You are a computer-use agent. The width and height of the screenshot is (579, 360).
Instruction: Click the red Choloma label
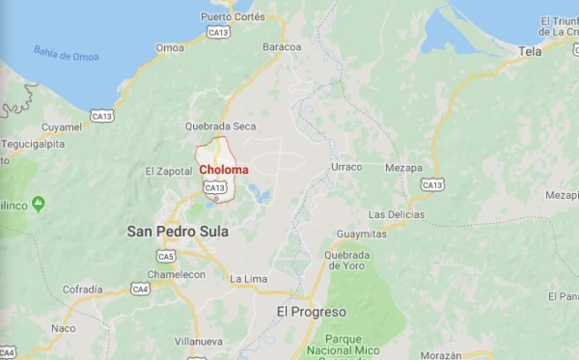(x=223, y=170)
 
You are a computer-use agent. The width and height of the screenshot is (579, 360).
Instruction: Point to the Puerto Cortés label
(x=233, y=17)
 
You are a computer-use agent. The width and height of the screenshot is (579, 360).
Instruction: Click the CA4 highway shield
(x=140, y=289)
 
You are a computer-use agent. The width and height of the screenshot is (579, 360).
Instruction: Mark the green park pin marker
(x=39, y=204)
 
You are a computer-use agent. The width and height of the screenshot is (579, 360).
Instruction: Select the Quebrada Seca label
(x=221, y=125)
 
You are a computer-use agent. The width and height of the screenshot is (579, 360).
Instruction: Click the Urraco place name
(x=346, y=167)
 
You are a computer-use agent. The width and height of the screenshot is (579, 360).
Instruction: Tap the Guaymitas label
(x=361, y=235)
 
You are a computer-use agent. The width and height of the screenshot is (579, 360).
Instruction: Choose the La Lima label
(x=247, y=279)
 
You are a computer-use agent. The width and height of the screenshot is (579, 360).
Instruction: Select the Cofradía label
(x=82, y=289)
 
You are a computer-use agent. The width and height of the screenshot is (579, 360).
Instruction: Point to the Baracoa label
(x=282, y=46)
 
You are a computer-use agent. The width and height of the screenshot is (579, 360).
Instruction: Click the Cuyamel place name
(x=62, y=126)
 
